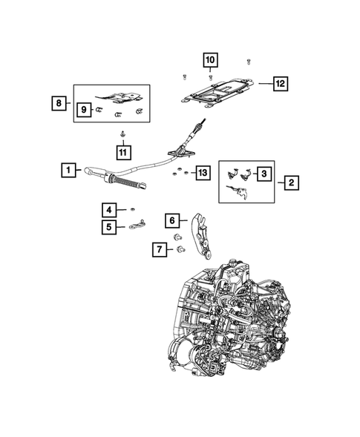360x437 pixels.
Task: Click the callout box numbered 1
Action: [x=68, y=171]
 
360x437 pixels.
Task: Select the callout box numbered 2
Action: [x=291, y=181]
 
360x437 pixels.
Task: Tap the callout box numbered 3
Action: [x=264, y=174]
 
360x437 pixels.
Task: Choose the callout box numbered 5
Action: [x=108, y=227]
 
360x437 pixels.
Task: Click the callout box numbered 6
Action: [x=171, y=220]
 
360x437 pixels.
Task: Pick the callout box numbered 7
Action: [x=158, y=249]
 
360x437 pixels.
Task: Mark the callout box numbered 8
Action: [x=59, y=104]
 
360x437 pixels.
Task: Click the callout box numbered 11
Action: [x=122, y=152]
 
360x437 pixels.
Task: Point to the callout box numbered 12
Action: [x=279, y=84]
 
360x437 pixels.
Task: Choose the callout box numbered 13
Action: [x=202, y=174]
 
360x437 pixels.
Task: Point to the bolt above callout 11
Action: [x=122, y=134]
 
